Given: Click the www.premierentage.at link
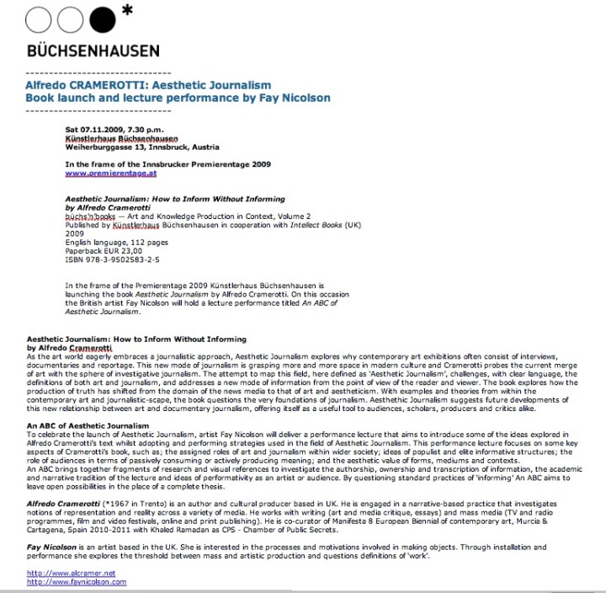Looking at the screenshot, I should [x=111, y=173].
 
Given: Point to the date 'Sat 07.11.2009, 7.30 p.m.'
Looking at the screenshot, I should [x=118, y=130].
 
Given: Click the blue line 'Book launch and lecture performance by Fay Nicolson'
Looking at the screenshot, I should [x=178, y=99].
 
